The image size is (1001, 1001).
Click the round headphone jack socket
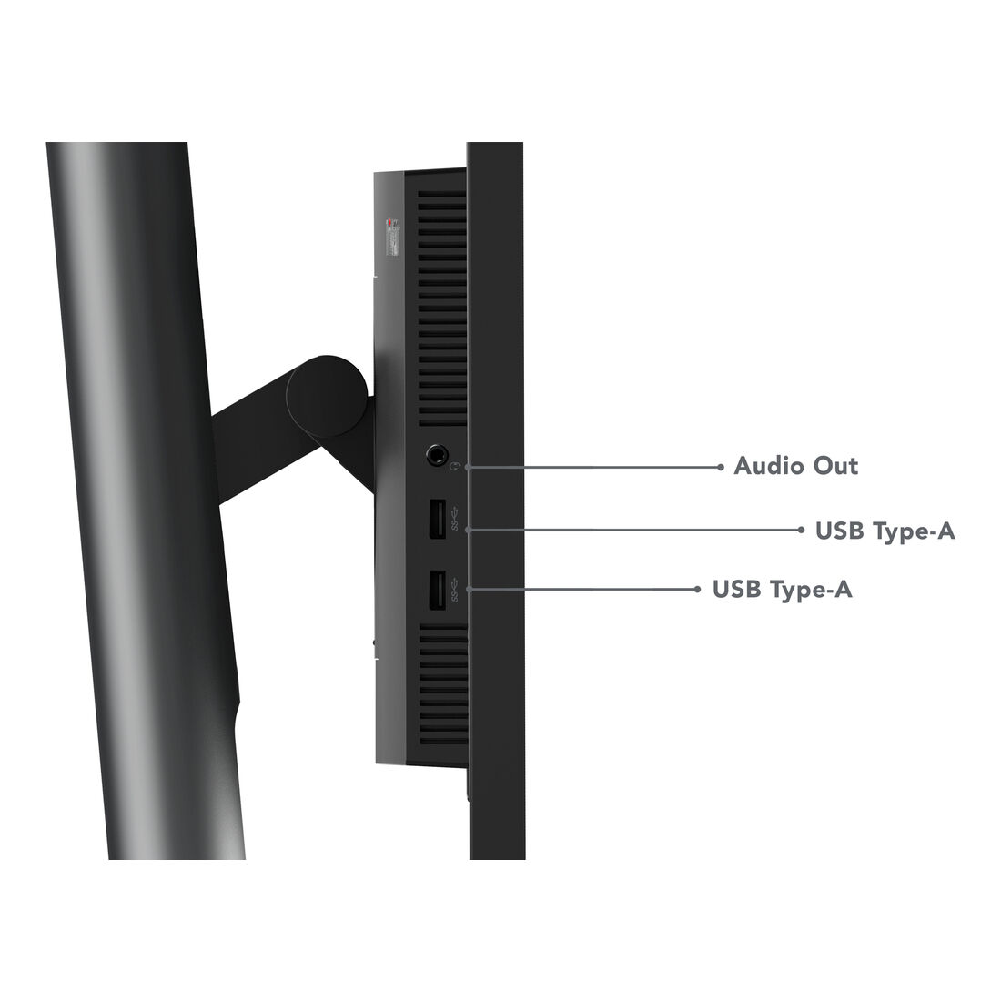pyautogui.click(x=437, y=455)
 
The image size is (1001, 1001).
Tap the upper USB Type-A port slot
pyautogui.click(x=437, y=519)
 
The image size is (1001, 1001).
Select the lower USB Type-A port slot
pyautogui.click(x=437, y=590)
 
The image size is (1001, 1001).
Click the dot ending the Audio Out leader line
pyautogui.click(x=721, y=468)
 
